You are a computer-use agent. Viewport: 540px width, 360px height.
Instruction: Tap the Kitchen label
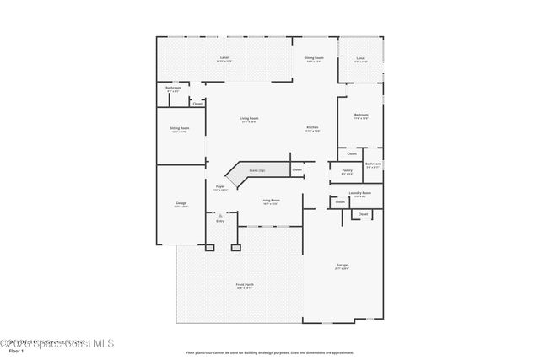(x=312, y=128)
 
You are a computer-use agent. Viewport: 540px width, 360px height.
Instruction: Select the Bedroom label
(x=360, y=115)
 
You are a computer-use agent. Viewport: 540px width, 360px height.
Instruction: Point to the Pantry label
(x=347, y=171)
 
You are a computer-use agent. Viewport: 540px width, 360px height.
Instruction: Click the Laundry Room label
(x=360, y=193)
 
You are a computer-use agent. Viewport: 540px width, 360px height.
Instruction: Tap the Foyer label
(x=219, y=187)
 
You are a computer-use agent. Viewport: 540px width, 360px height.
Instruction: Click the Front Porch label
(x=245, y=285)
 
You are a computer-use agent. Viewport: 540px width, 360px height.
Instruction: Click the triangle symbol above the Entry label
(x=220, y=215)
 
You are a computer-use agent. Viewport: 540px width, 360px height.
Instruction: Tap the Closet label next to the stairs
(x=297, y=170)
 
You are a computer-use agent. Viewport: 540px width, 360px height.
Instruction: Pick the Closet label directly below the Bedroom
(x=352, y=153)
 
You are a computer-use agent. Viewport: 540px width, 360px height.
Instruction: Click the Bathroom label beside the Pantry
(x=373, y=164)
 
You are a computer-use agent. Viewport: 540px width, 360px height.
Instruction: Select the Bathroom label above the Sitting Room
(x=173, y=88)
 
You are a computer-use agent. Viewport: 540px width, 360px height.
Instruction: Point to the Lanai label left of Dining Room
(x=224, y=58)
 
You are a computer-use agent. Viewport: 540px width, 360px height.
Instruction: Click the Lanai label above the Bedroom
(x=360, y=58)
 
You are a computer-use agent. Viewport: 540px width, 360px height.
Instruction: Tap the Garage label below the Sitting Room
(x=181, y=203)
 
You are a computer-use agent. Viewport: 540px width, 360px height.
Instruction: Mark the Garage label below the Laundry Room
(x=342, y=266)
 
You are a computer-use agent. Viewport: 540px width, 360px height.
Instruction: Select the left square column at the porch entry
(x=210, y=248)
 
